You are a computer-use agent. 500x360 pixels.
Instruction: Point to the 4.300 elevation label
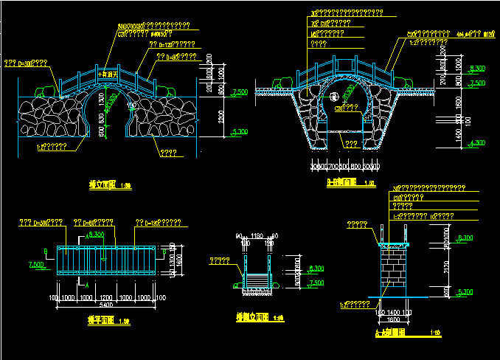pyautogui.click(x=476, y=142)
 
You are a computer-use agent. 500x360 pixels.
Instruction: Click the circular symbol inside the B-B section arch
pyautogui.click(x=333, y=97)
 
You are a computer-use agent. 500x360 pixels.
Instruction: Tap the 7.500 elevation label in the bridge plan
pyautogui.click(x=35, y=264)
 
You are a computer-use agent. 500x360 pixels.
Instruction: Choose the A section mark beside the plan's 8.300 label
pyautogui.click(x=88, y=236)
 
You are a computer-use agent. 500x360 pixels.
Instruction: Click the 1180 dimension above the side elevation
pyautogui.click(x=257, y=237)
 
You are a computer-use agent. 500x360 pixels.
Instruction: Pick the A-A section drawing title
pyautogui.click(x=396, y=333)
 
